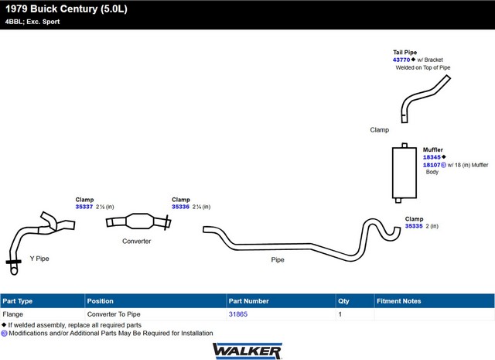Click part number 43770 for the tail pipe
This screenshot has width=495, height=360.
401,60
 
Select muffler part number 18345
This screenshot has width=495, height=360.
432,157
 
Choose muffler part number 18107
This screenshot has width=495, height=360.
432,165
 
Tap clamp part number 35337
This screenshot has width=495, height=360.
84,207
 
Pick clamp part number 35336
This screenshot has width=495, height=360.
180,207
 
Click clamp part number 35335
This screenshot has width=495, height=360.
414,226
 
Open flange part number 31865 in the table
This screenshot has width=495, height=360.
238,314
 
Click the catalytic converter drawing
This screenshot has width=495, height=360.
139,221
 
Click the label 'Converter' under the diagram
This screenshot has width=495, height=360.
137,241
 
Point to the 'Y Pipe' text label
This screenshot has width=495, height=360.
39,259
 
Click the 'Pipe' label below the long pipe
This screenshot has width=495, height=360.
278,260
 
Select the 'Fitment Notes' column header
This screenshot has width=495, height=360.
399,301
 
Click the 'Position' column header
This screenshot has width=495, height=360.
100,301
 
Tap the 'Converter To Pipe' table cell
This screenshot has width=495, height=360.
114,314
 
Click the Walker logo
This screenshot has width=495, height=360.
247,351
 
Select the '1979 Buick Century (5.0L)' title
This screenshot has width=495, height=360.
67,9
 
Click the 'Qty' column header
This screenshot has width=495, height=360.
343,301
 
